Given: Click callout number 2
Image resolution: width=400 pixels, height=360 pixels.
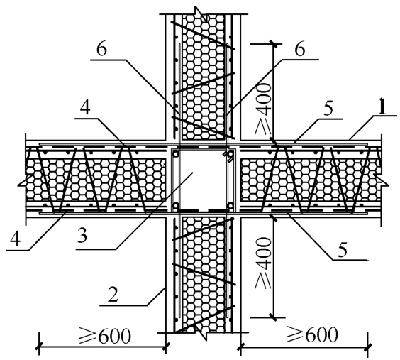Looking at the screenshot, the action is tap(113, 295).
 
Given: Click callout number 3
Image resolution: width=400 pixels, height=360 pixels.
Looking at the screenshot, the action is tap(82, 235).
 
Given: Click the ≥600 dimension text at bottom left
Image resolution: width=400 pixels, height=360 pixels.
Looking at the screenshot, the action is tap(104, 336).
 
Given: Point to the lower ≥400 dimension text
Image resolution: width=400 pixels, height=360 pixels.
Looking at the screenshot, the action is tap(263, 263).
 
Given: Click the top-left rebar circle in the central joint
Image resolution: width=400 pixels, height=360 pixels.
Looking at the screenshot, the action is tap(175, 154).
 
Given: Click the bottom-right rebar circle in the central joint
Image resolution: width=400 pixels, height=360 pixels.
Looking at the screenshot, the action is tap(230, 205).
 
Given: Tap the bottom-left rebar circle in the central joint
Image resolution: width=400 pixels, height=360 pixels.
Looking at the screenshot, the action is tap(175, 205).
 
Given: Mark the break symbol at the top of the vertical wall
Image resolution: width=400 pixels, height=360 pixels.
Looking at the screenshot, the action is tap(201, 14).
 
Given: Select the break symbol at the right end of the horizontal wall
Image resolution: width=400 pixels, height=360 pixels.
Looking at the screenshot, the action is tap(382, 179).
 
